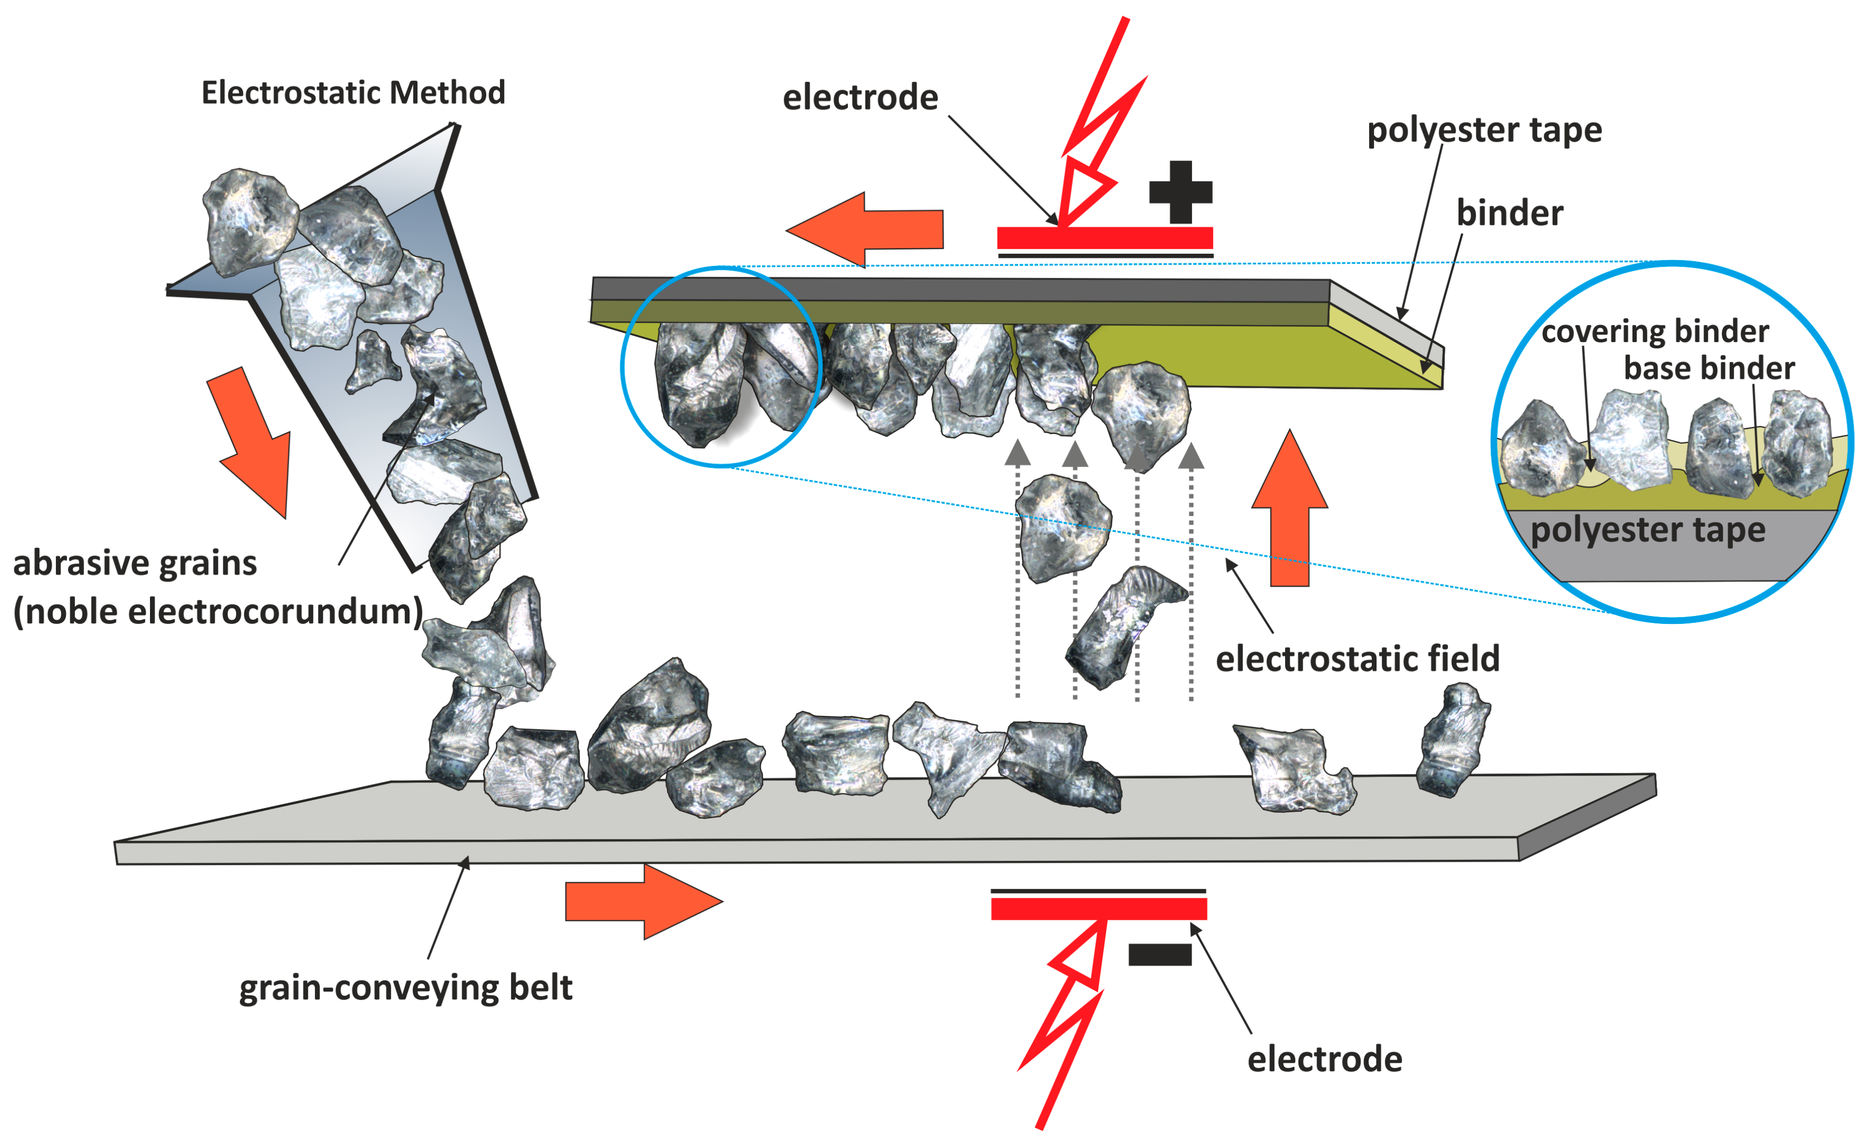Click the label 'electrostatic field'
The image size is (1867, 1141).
(x=1357, y=659)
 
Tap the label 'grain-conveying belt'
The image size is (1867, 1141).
(x=405, y=988)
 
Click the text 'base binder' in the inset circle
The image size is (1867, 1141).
(x=1708, y=368)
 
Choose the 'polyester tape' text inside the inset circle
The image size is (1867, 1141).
(x=1647, y=530)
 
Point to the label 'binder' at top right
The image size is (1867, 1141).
(x=1510, y=213)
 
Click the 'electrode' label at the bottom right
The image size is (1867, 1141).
(x=1324, y=1059)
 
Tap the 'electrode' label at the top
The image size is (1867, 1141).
(x=860, y=98)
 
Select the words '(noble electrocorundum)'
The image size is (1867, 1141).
(x=218, y=611)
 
